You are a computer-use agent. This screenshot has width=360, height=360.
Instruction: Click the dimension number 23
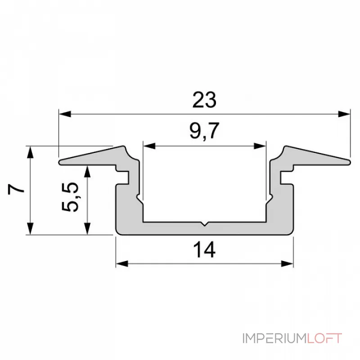[204, 99]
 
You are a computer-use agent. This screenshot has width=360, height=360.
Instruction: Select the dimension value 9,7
[204, 131]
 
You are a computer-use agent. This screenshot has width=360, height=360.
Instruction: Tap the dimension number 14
[204, 250]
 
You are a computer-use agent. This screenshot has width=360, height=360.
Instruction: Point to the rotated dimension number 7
[16, 189]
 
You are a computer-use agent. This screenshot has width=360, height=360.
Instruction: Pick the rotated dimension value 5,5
[70, 197]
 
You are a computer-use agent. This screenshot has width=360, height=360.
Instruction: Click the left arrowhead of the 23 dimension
[65, 114]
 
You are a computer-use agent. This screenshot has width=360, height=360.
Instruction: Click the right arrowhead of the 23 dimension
[344, 114]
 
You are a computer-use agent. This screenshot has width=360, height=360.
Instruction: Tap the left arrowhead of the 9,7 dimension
[149, 146]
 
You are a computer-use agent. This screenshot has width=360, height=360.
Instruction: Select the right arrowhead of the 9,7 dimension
[260, 146]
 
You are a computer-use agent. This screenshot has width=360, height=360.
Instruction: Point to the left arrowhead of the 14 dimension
[122, 264]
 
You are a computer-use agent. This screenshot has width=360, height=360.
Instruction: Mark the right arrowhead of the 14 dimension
[287, 264]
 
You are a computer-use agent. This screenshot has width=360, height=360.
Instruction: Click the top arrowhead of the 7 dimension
[30, 152]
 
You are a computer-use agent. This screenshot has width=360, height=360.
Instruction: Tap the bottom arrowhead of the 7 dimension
[30, 229]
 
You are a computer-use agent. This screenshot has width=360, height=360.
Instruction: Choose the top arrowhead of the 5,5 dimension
[87, 171]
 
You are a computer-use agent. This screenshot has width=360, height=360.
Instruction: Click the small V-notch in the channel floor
[204, 224]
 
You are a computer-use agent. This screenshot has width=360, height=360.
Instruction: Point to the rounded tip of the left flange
[60, 162]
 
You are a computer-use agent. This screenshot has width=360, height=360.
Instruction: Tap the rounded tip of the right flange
[349, 162]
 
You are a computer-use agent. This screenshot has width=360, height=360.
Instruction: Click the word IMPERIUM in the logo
[274, 338]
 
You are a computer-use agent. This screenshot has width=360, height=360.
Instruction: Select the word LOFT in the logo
[324, 338]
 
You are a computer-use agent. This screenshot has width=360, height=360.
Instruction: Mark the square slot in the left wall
[123, 177]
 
